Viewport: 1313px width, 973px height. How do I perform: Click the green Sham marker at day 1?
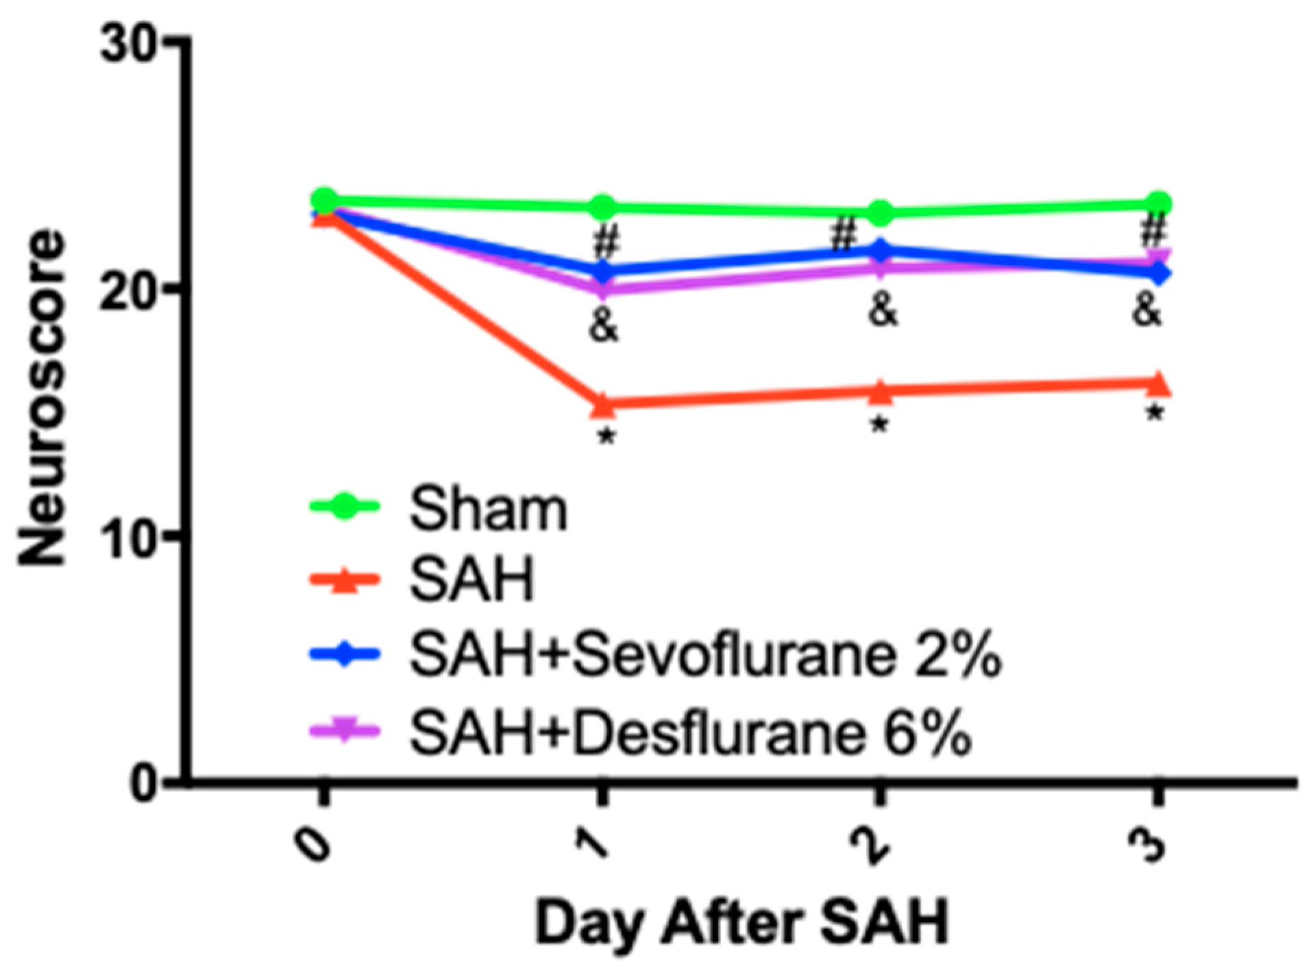click(602, 206)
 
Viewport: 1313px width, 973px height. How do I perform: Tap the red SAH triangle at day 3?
click(1157, 384)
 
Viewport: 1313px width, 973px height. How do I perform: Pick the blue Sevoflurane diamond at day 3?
click(1157, 273)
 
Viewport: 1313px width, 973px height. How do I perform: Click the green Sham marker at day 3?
click(1157, 204)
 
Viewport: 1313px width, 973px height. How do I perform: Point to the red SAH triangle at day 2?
click(881, 392)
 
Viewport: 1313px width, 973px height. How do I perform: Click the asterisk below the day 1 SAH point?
click(605, 437)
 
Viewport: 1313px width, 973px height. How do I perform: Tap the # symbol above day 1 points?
click(606, 241)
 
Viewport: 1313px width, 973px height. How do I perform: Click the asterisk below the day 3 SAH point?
click(1155, 414)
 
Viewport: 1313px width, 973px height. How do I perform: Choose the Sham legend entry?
click(488, 510)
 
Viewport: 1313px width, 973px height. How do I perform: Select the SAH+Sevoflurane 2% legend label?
click(704, 656)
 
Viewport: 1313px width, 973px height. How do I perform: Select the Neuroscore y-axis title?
click(42, 397)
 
